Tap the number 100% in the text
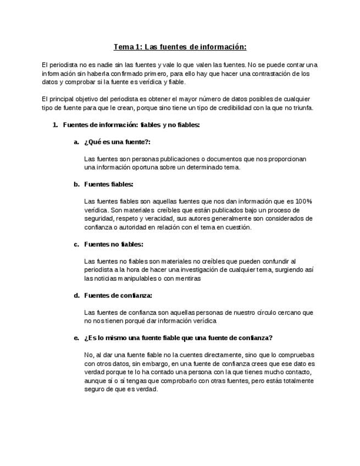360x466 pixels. (303, 201)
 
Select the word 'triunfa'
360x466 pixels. (302, 108)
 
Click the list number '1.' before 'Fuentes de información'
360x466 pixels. (55, 125)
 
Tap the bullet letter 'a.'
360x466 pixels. (77, 142)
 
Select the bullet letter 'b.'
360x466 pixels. (77, 184)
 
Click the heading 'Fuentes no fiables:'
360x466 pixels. (114, 244)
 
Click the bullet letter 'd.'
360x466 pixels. (77, 295)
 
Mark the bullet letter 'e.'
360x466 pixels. (77, 337)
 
